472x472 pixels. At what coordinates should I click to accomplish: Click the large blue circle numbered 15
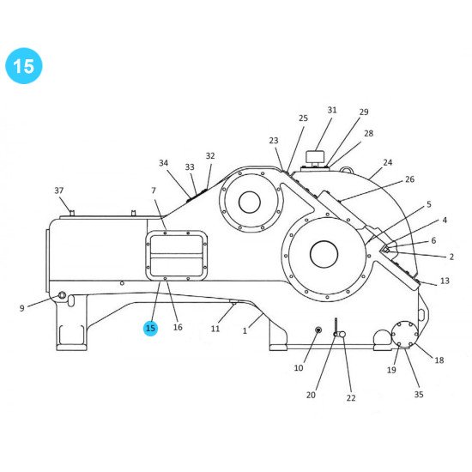(x=23, y=65)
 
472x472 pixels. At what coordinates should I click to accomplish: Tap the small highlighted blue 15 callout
(x=151, y=328)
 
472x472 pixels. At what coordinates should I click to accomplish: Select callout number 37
(x=59, y=190)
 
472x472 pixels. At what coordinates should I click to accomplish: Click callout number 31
(x=332, y=110)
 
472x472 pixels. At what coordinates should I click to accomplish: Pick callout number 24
(x=388, y=162)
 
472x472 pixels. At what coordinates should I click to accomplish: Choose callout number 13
(x=445, y=281)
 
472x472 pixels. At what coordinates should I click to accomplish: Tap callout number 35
(x=419, y=394)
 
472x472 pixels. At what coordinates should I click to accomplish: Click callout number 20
(x=312, y=395)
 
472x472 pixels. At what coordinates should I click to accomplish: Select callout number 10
(x=299, y=367)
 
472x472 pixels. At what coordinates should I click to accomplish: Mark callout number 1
(x=245, y=330)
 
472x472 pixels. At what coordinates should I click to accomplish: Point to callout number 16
(x=178, y=327)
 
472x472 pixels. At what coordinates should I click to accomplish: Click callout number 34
(x=164, y=163)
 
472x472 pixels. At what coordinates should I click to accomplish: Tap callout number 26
(x=409, y=179)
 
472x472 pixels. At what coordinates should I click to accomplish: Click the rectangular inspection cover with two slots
(x=177, y=256)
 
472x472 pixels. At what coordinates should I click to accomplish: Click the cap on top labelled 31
(x=315, y=157)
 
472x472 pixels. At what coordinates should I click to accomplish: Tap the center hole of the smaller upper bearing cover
(x=250, y=203)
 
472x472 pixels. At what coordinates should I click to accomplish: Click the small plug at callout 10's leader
(x=318, y=330)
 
